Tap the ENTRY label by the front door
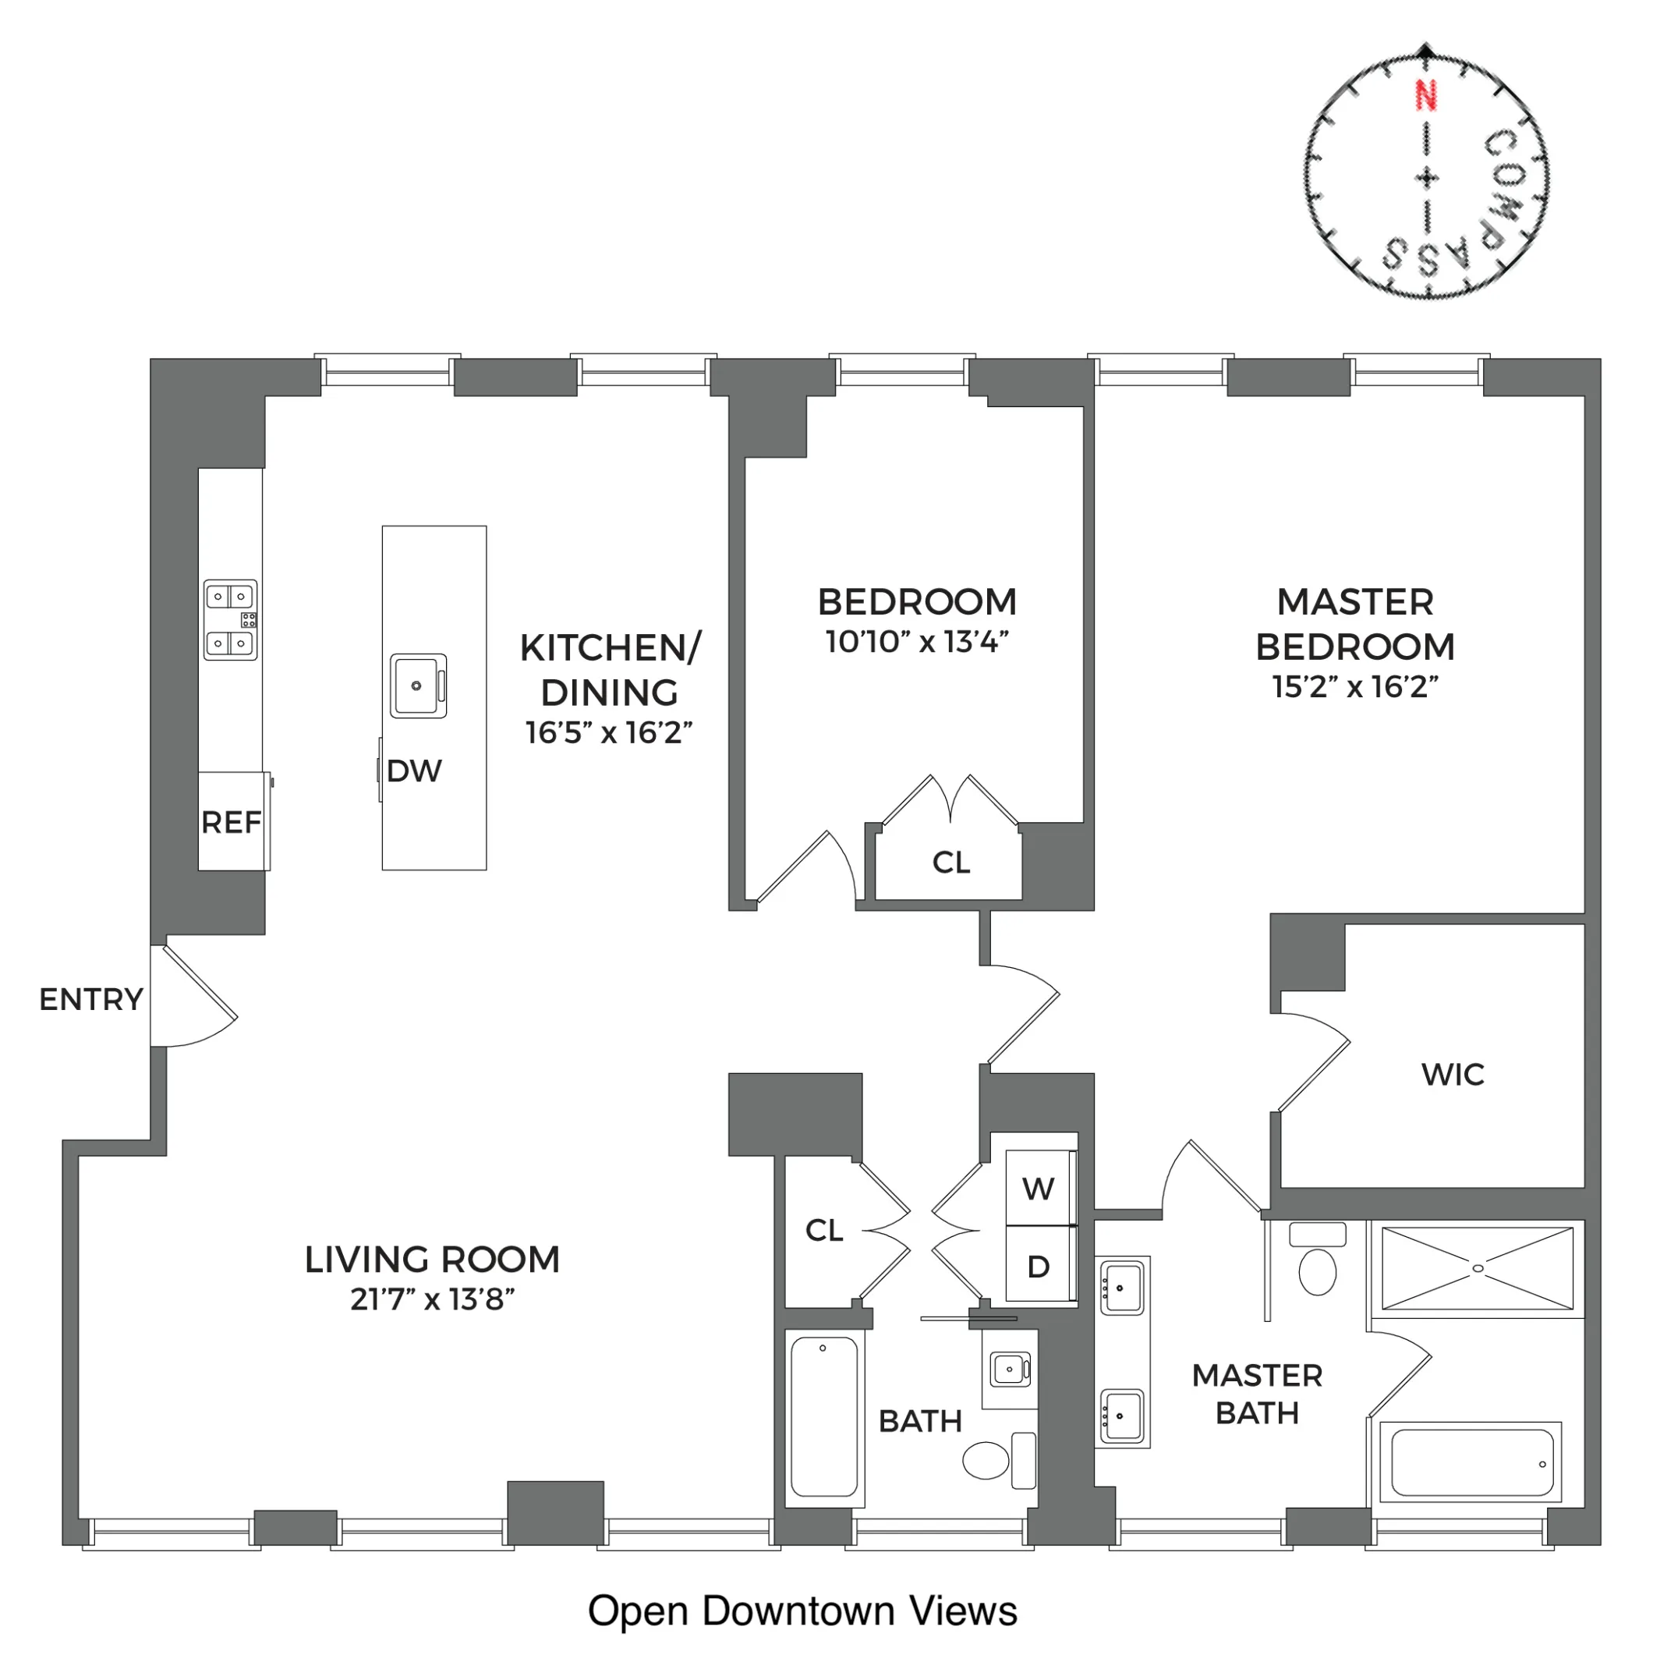click(x=90, y=999)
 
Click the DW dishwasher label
click(x=414, y=771)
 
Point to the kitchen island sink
click(x=417, y=686)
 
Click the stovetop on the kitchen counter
click(x=229, y=619)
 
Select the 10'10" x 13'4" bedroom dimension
click(x=916, y=642)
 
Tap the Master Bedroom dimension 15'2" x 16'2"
click(x=1355, y=686)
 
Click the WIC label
click(x=1452, y=1074)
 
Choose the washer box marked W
click(x=1038, y=1188)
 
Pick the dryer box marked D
click(x=1038, y=1266)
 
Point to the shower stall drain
click(x=1478, y=1268)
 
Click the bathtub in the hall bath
click(x=824, y=1417)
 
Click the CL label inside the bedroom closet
click(x=950, y=863)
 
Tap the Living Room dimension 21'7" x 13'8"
click(x=432, y=1299)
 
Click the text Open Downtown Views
click(x=802, y=1611)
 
